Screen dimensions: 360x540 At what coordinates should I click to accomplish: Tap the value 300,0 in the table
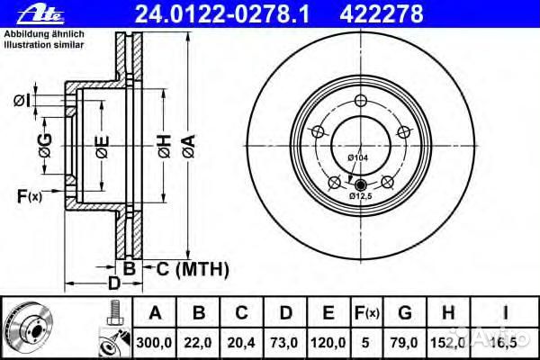[155, 341]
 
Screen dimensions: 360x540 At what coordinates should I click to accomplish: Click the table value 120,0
[330, 341]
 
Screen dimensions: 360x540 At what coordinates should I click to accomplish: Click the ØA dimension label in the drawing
[187, 146]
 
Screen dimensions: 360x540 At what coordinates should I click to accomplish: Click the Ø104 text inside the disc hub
[359, 159]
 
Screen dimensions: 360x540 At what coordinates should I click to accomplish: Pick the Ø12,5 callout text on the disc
[361, 194]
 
